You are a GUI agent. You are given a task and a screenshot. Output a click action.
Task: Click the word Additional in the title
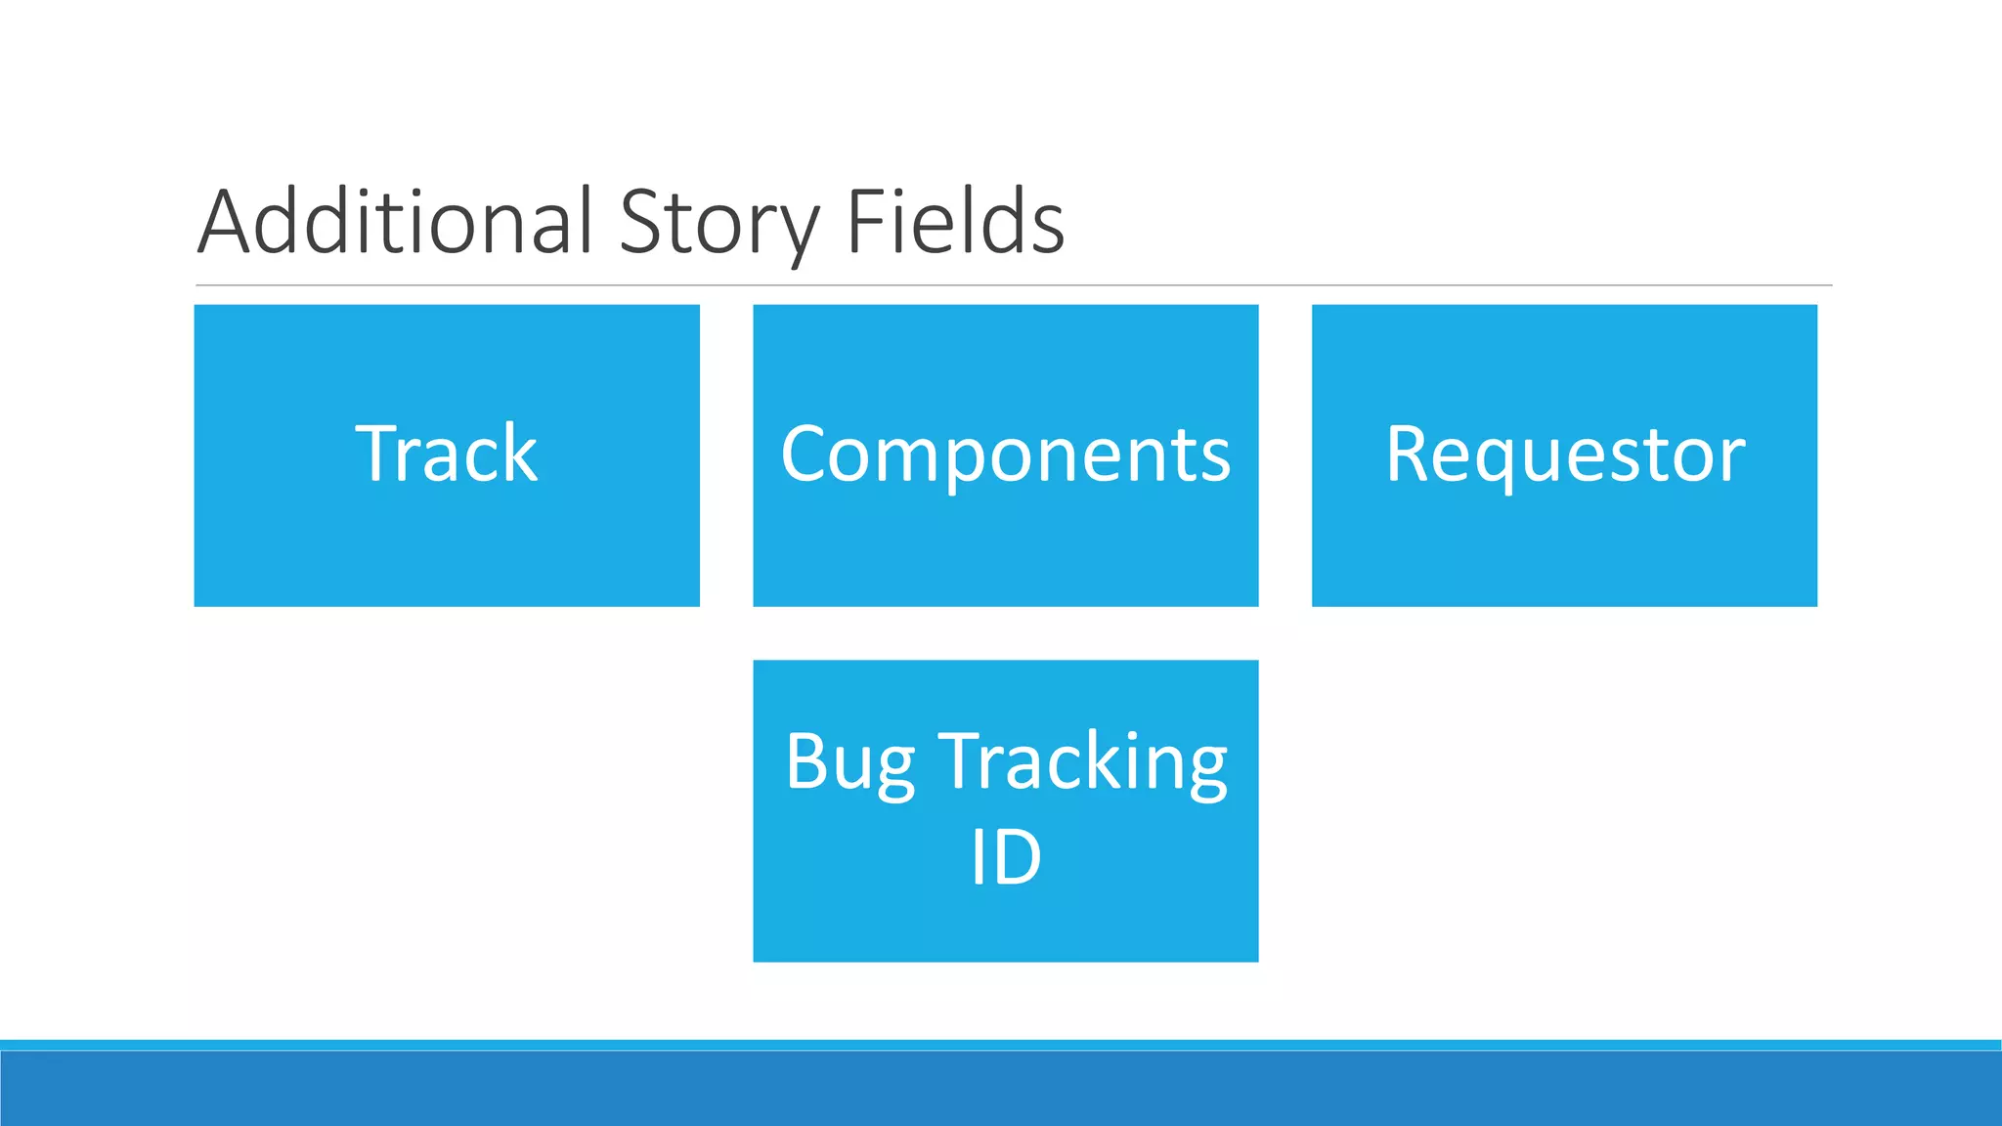(396, 223)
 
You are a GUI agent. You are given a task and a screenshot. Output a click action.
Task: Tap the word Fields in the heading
(955, 223)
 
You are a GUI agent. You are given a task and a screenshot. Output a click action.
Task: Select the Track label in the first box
(447, 455)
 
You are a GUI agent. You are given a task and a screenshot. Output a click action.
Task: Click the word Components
(1005, 455)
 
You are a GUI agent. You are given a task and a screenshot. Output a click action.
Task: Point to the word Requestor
(1564, 455)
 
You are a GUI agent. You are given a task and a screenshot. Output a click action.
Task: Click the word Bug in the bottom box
(849, 762)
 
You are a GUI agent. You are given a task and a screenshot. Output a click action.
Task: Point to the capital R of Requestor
(1409, 454)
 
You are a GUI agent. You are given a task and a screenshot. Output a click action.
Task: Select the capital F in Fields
(864, 223)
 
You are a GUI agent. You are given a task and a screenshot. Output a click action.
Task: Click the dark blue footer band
(1001, 1089)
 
